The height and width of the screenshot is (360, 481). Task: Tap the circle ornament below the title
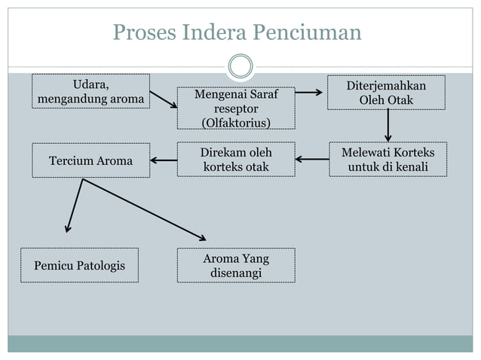pos(240,66)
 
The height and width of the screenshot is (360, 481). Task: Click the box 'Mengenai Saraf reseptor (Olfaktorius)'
pos(236,108)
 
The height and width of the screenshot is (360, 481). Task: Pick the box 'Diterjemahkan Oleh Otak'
pos(386,92)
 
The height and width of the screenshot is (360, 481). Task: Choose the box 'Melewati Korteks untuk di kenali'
pos(388,159)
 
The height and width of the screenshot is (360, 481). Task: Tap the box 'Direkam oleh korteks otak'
pos(236,159)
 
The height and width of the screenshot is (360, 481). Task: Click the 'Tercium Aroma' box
pos(90,160)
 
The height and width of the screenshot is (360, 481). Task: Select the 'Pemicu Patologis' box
pos(79,265)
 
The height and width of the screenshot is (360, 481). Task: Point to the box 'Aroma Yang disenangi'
pos(236,265)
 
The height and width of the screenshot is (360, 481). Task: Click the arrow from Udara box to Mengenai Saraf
pos(164,99)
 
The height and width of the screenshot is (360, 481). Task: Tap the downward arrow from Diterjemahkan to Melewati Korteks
pos(388,125)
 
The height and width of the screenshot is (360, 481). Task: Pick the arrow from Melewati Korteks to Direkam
pos(312,159)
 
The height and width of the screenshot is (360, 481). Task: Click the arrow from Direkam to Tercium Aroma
pos(164,160)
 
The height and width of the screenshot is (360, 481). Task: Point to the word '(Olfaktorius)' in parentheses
pos(236,122)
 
